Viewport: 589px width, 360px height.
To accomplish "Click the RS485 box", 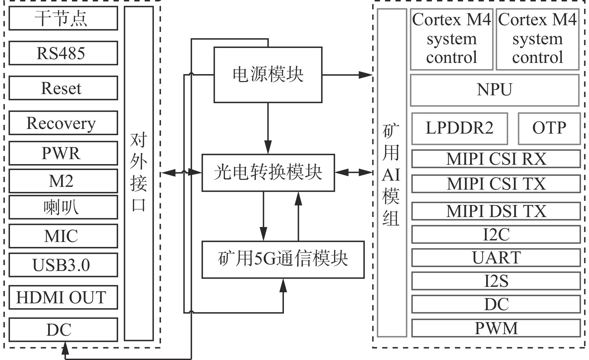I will [63, 53].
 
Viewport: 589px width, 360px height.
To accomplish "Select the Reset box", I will [63, 88].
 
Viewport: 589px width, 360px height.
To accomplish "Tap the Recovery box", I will [63, 123].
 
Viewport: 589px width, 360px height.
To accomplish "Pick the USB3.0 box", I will [63, 265].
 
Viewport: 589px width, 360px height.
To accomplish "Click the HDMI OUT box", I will [63, 297].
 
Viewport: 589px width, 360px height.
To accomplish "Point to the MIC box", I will [63, 236].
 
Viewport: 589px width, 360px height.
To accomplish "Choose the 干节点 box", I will [63, 18].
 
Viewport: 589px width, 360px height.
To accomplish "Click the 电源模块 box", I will [268, 75].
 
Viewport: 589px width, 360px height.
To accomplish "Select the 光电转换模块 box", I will [268, 173].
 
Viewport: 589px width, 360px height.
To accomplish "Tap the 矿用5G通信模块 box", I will [283, 259].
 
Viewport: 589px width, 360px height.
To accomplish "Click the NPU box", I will [495, 90].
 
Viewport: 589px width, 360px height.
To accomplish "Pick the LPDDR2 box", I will [459, 129].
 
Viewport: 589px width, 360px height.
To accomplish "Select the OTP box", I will [549, 129].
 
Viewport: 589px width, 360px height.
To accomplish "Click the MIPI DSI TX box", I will [496, 211].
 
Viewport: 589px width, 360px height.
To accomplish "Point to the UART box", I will [496, 258].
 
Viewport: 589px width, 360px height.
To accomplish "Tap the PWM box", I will [496, 328].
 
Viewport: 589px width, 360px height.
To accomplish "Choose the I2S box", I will [496, 281].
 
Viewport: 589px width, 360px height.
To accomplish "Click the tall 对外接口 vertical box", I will [139, 173].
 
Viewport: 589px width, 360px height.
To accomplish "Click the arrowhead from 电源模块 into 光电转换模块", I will [268, 148].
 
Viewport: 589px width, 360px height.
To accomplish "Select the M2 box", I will [63, 181].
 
